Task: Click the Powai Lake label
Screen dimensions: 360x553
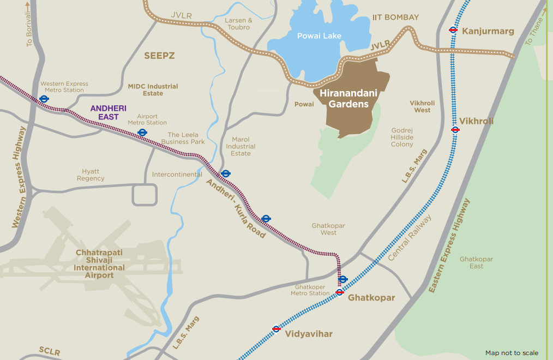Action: coord(319,36)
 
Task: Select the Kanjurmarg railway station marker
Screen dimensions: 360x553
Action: coord(453,30)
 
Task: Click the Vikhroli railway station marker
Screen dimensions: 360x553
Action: coord(455,129)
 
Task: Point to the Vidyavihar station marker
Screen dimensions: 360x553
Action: coord(276,329)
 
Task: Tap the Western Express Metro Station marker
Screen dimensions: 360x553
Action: coord(44,99)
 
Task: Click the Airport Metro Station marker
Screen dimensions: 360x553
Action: coord(142,132)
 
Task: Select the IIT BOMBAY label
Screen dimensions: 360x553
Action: coord(395,17)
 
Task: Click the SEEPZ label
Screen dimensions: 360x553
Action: coord(159,56)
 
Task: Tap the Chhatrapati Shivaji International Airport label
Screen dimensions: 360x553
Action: coord(99,264)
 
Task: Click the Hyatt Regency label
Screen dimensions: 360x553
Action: coord(91,175)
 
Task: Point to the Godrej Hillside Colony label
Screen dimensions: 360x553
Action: coord(402,137)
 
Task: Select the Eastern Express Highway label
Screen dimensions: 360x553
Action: coord(449,245)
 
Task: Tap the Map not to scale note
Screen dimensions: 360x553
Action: coord(512,353)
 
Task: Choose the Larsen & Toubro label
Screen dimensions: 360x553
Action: coord(238,24)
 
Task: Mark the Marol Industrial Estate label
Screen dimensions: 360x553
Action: coord(241,147)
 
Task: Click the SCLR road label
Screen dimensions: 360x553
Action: coord(49,351)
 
